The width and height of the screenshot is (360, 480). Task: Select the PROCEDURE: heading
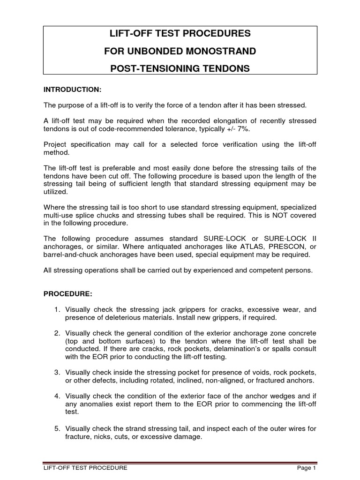[68, 294]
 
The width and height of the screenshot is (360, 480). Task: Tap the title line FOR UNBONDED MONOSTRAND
[180, 51]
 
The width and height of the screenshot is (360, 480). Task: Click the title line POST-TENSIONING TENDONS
[180, 69]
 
